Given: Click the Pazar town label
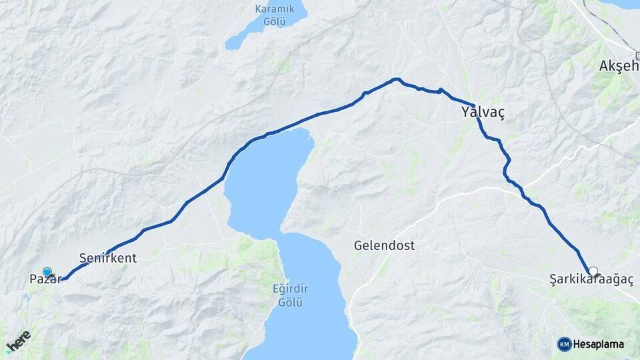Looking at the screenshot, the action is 44,279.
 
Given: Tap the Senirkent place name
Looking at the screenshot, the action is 107,257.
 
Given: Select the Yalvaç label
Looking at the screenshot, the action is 483,113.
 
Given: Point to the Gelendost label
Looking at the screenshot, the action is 384,245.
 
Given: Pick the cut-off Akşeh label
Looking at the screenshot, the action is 619,66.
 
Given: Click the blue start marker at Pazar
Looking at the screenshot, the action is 47,271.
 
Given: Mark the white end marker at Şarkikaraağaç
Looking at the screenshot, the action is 593,271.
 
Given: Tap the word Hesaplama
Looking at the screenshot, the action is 598,344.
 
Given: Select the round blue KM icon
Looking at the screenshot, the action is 564,344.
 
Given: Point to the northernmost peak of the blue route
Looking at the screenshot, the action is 397,79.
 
